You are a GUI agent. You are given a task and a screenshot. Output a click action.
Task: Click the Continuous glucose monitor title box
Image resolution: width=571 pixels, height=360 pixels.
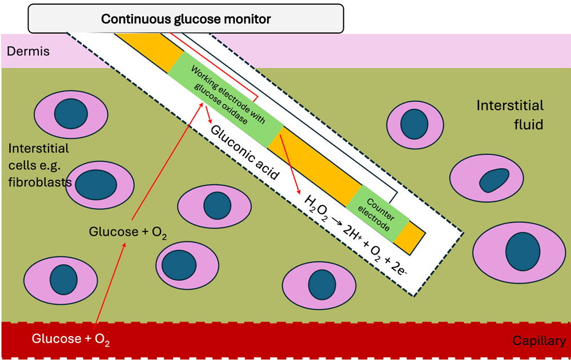tap(186, 18)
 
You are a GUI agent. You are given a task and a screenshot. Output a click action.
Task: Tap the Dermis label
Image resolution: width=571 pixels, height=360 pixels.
tap(28, 51)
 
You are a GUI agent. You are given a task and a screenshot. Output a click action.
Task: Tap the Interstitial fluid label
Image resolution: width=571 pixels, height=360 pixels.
tap(510, 114)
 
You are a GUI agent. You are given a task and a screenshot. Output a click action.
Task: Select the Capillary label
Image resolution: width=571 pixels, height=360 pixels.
tap(538, 341)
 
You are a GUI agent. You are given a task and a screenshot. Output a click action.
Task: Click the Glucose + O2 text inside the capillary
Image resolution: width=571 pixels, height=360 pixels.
tap(71, 339)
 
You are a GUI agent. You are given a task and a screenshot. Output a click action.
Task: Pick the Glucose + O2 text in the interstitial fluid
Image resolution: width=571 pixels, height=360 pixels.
tap(128, 233)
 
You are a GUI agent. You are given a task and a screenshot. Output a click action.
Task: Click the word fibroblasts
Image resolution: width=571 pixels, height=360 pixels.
tap(40, 183)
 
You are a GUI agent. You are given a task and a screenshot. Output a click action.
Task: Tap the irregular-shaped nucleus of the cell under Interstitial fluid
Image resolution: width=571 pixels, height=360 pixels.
tap(494, 181)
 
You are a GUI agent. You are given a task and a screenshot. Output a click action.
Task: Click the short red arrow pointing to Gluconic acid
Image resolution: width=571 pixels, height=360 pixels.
tap(210, 115)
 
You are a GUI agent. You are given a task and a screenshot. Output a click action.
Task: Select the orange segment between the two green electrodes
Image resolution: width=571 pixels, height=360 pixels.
tap(314, 165)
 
